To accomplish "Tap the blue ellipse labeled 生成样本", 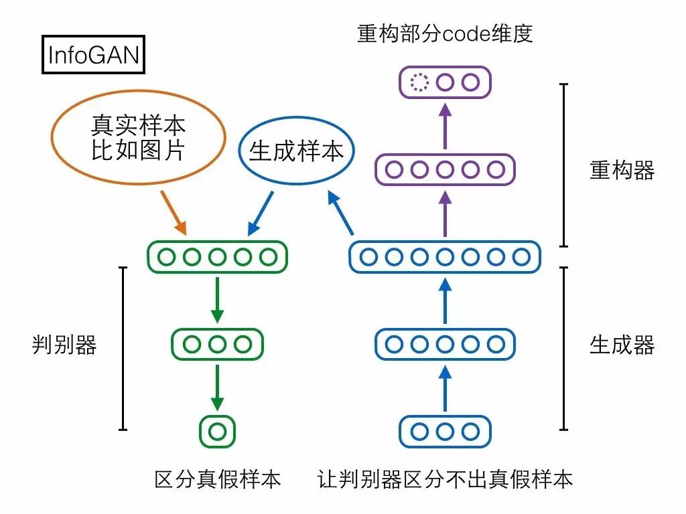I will (296, 151).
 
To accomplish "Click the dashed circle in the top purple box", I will (419, 83).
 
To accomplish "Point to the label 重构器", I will (622, 171).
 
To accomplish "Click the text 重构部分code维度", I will (445, 33).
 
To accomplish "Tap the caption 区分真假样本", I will (217, 479).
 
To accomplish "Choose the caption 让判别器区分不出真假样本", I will (445, 479).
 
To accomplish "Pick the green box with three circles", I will (217, 344).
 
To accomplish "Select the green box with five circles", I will (217, 256).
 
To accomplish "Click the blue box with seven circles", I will (445, 256).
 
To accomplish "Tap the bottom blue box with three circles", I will (445, 431).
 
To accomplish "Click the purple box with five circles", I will (445, 169).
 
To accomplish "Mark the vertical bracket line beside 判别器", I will (123, 348).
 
